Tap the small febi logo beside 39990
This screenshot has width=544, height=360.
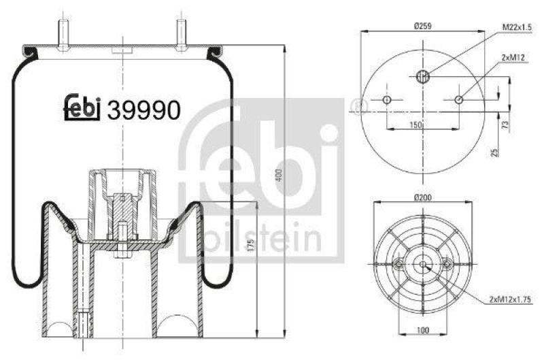click(x=82, y=107)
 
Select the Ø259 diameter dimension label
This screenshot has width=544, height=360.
click(x=423, y=27)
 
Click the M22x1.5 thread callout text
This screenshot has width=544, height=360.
click(x=518, y=27)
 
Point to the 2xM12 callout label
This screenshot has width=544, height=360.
click(x=515, y=59)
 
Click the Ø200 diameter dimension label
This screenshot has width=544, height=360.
click(x=423, y=197)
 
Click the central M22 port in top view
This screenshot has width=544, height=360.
click(x=422, y=76)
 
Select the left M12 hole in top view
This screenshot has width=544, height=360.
click(x=387, y=101)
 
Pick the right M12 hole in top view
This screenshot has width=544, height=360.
click(x=459, y=101)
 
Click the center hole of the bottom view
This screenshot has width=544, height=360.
click(x=422, y=264)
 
